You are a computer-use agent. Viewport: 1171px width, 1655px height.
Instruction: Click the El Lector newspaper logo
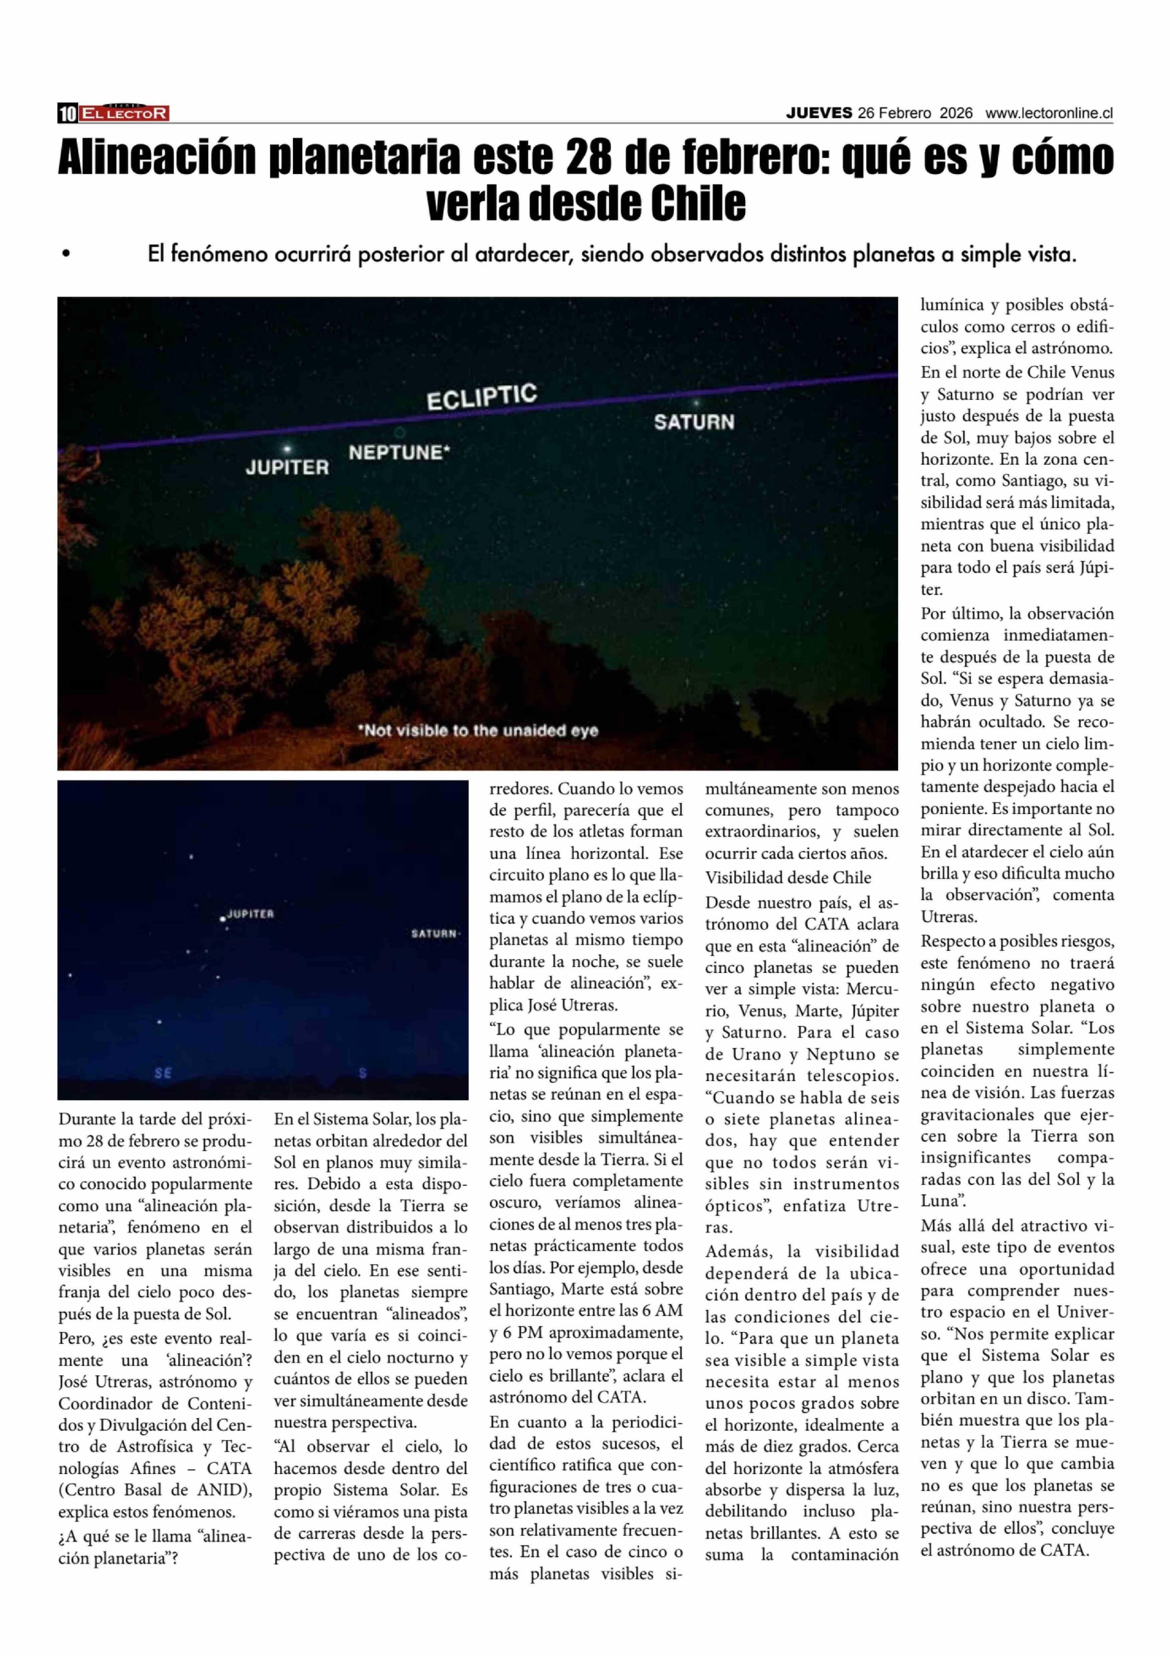click(x=124, y=113)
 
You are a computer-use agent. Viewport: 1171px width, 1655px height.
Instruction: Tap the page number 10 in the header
click(x=68, y=113)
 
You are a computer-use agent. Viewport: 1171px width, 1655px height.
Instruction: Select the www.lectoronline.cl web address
click(x=1049, y=113)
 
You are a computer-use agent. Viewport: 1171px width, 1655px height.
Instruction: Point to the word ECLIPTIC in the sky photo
click(x=482, y=397)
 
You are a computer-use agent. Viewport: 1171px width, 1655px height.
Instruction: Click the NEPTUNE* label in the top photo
click(x=399, y=453)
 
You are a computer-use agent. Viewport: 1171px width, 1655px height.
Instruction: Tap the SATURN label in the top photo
click(x=694, y=422)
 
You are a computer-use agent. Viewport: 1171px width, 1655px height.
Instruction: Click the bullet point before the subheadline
click(x=66, y=254)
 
